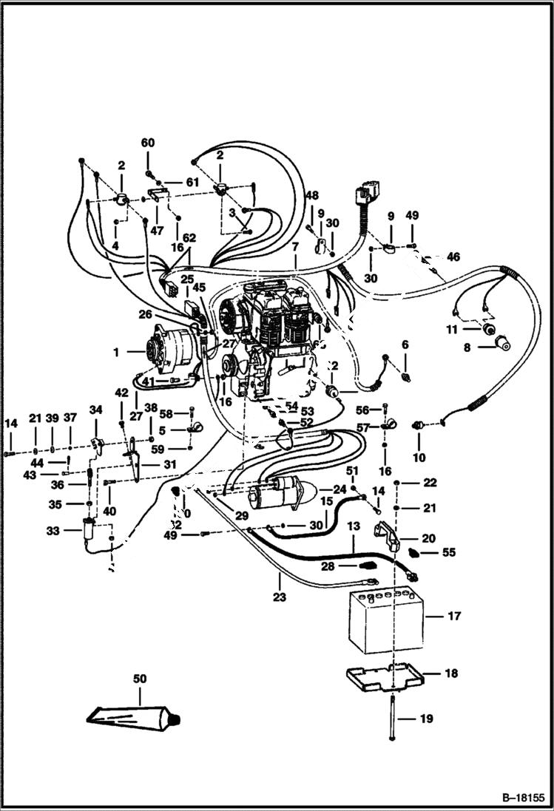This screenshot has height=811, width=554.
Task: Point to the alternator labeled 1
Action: point(166,353)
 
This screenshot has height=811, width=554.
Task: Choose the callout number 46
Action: point(453,257)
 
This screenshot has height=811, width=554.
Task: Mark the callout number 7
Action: point(294,245)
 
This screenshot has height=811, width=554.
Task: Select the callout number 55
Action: point(448,552)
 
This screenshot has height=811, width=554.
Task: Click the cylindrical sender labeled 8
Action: point(502,342)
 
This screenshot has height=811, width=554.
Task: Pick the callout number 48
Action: point(312,196)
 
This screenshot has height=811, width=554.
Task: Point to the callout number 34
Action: point(95,410)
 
